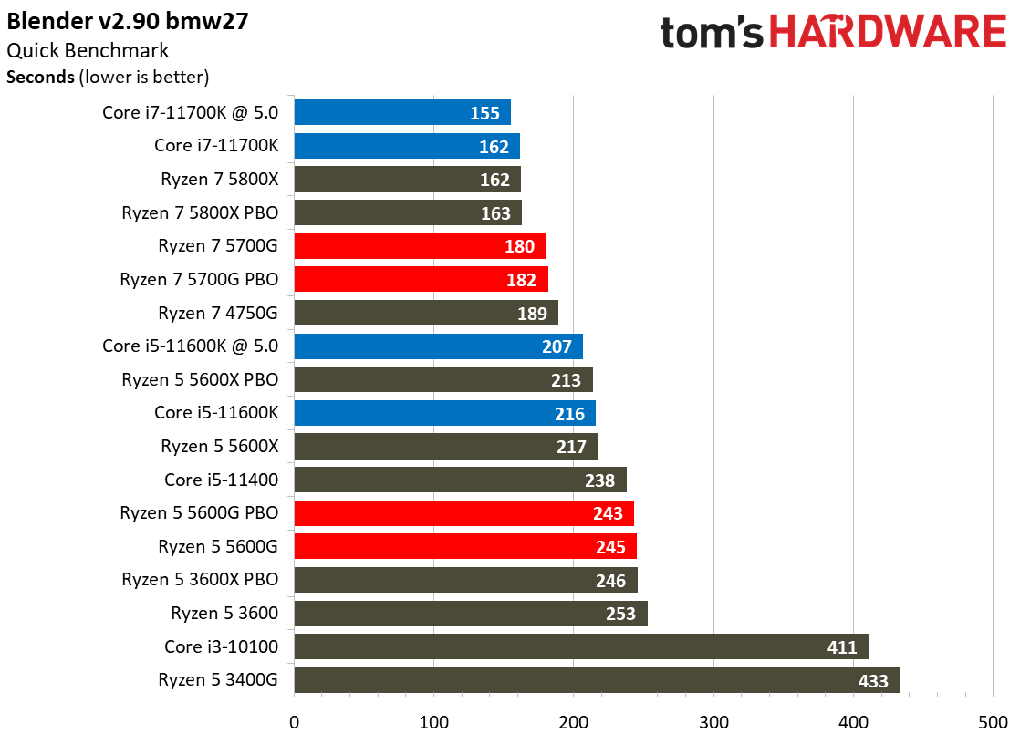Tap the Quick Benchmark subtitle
coord(88,51)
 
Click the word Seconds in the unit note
coord(40,77)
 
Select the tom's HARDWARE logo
coord(832,32)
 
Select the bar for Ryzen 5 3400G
coord(575,680)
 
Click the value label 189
coord(531,314)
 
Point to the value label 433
coord(873,680)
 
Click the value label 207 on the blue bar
coord(556,347)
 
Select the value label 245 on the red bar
coord(609,547)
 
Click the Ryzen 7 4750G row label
coord(218,314)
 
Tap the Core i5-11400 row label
coord(221,480)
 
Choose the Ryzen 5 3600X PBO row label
coord(200,580)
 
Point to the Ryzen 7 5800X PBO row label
coord(200,213)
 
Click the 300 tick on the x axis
coord(713,723)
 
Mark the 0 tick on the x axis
coord(294,723)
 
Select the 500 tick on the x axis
coord(993,723)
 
